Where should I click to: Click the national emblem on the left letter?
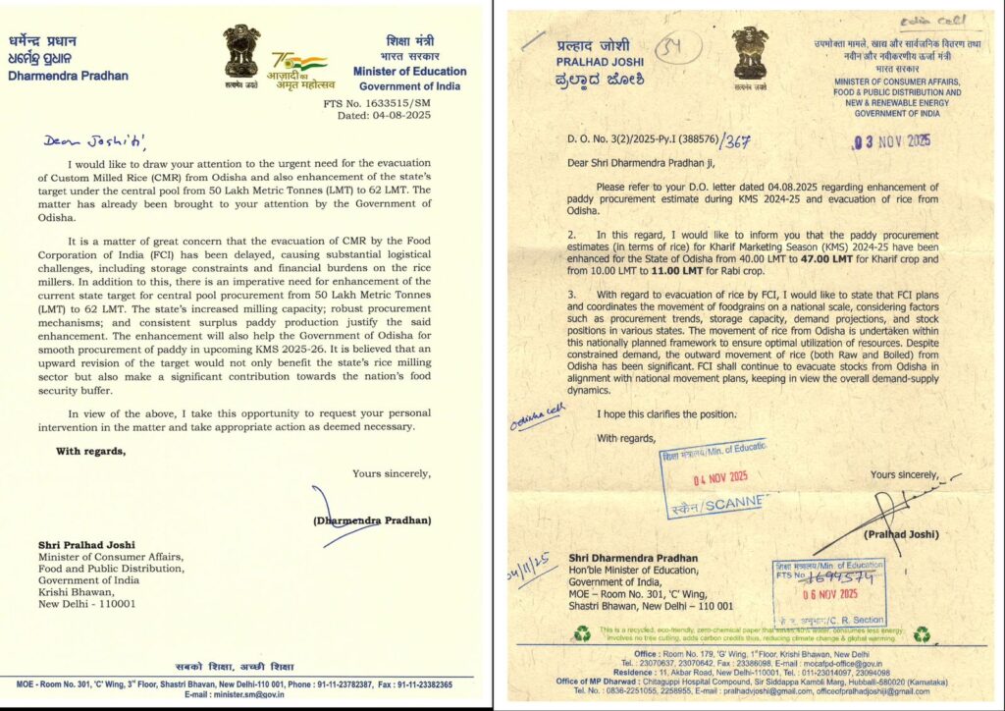241,52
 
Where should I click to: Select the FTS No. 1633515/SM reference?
388,102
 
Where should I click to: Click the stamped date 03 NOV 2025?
892,140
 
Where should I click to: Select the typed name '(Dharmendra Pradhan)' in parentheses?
371,520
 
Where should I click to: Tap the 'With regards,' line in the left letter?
90,452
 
